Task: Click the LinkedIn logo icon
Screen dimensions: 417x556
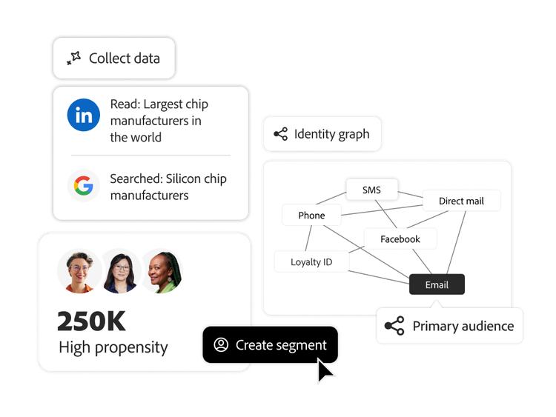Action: [84, 115]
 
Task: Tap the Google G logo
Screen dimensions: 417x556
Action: [84, 185]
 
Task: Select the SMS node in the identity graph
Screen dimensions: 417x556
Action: [372, 190]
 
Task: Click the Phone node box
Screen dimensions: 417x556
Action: [311, 215]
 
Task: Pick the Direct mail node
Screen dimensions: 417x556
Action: [461, 201]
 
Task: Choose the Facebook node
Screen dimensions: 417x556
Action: [400, 238]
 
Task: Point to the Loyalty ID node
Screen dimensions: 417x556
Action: [311, 261]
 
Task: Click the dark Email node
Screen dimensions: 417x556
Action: [437, 284]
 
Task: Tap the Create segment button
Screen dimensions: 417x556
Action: [271, 345]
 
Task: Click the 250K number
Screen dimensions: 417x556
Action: [91, 321]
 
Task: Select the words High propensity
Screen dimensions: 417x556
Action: [113, 347]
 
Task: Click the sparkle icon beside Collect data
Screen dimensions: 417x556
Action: [73, 59]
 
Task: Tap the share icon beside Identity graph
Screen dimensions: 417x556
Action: [280, 134]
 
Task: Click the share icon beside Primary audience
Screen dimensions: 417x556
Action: [394, 326]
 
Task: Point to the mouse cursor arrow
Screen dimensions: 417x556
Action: [324, 370]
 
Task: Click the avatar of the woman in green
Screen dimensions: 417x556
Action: [162, 270]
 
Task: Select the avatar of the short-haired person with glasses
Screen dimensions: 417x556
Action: [79, 270]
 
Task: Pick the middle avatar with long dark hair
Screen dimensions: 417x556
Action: [121, 270]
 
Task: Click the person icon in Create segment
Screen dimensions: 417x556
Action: [221, 345]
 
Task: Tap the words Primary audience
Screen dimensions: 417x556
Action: [463, 326]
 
